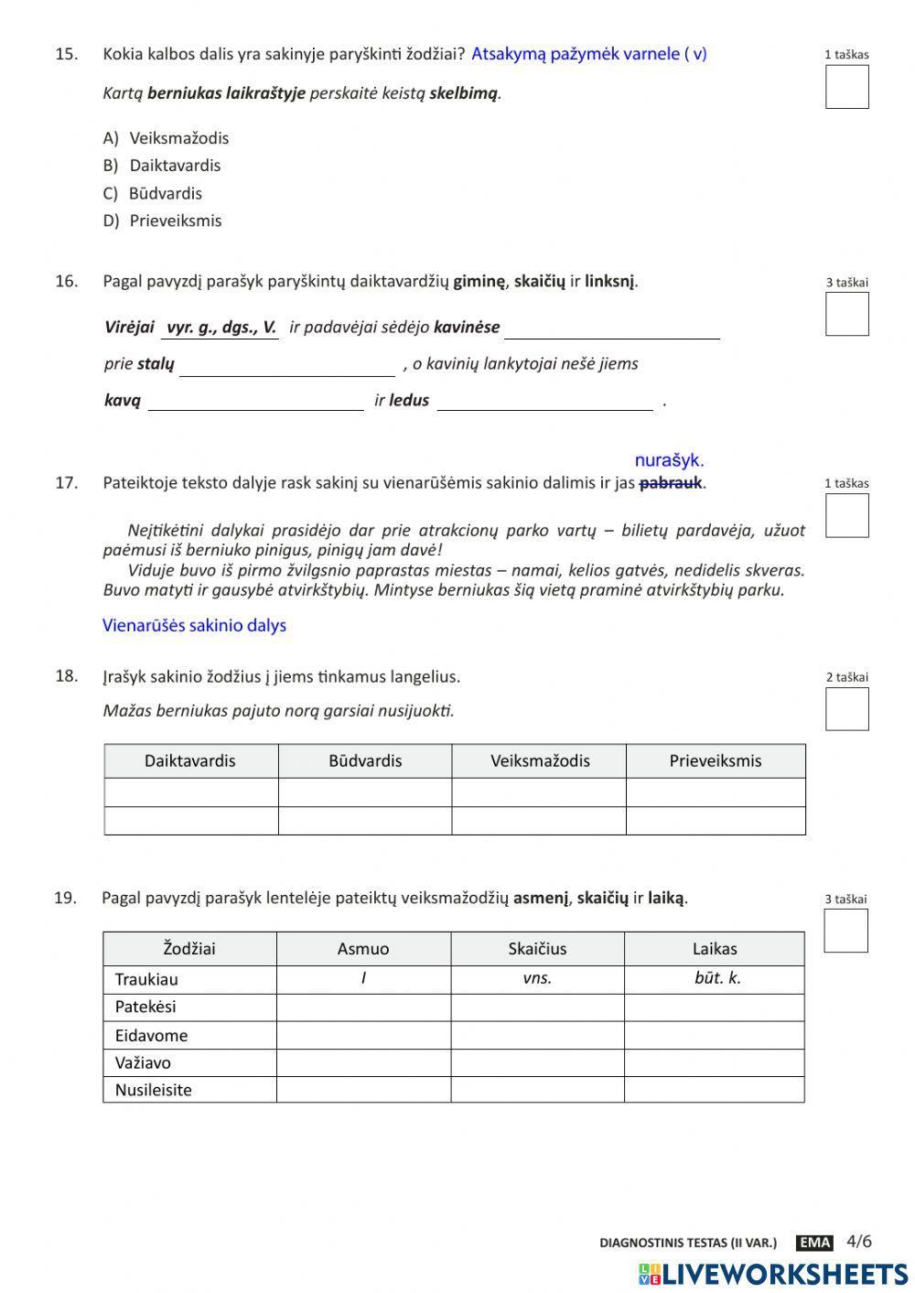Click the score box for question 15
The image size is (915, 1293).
tap(846, 87)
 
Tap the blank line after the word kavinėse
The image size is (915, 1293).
tap(611, 329)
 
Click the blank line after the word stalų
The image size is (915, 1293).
tap(286, 365)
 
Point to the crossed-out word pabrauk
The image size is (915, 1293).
tap(671, 482)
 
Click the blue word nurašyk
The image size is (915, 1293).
tap(669, 460)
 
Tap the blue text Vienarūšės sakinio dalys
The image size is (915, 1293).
tap(194, 626)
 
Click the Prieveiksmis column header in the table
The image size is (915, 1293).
tap(715, 760)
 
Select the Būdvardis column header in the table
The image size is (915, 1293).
tap(364, 760)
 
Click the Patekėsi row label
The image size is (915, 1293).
tap(145, 1007)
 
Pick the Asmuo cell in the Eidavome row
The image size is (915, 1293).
tap(363, 1035)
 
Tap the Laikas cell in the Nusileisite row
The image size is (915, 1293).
tap(715, 1089)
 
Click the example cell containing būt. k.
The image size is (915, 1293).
tap(717, 978)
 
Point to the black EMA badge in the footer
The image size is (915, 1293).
tap(814, 1242)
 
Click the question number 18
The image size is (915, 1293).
tap(66, 676)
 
